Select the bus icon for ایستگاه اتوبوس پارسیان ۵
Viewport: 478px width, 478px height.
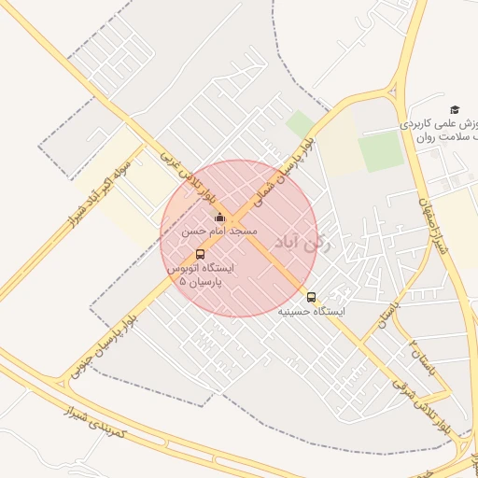pos(201,254)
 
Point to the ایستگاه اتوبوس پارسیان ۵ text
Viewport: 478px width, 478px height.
pos(201,274)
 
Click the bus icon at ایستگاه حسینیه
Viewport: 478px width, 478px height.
pos(311,298)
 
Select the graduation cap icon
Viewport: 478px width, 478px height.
pos(455,109)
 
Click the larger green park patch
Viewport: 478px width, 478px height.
pos(380,152)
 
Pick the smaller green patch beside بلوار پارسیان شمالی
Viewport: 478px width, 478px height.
pos(300,124)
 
